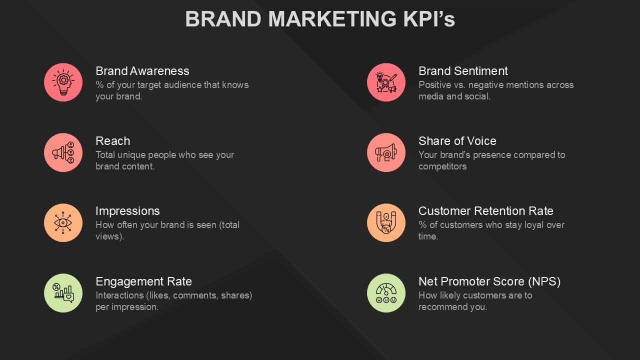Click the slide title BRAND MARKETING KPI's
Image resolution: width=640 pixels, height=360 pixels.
[x=320, y=19]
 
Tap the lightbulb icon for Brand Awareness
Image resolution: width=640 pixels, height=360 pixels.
[x=63, y=82]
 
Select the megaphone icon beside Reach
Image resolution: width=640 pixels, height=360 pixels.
[x=63, y=152]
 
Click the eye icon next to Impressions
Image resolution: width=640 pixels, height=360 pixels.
[x=63, y=222]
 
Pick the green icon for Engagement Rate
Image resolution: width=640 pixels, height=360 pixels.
[x=63, y=292]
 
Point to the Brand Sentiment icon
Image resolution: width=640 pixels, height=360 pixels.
[x=386, y=82]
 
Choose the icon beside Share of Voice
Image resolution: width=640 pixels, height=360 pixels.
[x=386, y=152]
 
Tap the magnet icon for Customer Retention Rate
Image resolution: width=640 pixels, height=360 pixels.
[x=386, y=222]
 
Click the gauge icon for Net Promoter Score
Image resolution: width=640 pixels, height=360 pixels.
[x=386, y=292]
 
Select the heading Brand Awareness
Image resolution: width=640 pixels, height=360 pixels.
[x=142, y=71]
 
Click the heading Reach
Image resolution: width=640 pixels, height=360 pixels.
[x=113, y=141]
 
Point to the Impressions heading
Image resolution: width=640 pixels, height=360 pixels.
[x=127, y=211]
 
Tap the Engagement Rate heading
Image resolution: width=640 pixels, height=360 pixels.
[x=143, y=281]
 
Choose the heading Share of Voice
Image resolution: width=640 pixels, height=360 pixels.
[x=457, y=141]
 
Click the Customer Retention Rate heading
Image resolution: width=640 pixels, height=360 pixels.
[x=486, y=211]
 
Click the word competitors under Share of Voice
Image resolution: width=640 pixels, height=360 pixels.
[x=442, y=166]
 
